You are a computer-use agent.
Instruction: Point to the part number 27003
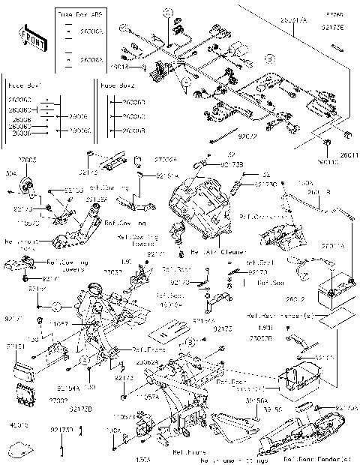click(x=27, y=160)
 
